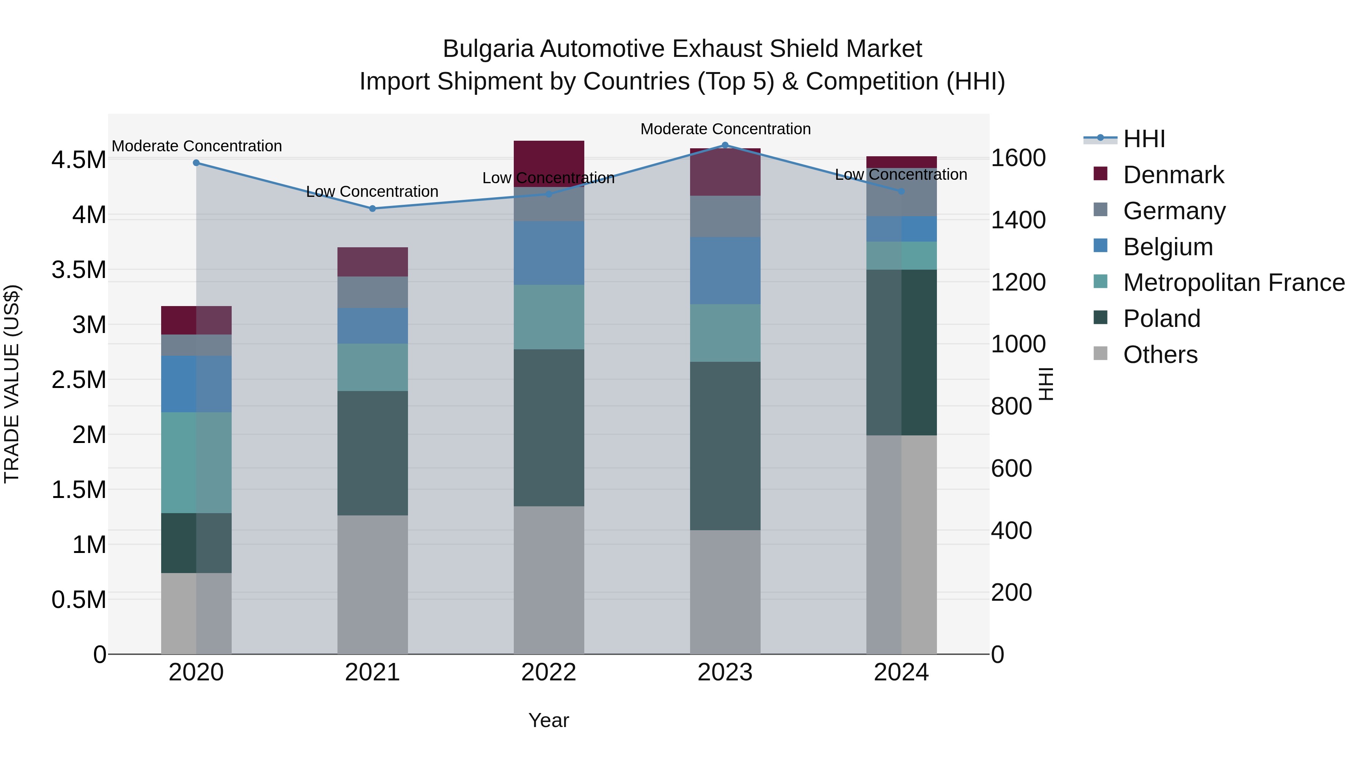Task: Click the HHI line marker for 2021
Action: click(372, 208)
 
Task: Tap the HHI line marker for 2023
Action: click(725, 145)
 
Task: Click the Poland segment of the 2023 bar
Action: click(725, 445)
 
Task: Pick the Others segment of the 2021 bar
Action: click(372, 584)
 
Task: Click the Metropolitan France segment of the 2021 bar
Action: click(372, 367)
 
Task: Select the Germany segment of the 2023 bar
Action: click(725, 216)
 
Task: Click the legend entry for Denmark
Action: click(1173, 175)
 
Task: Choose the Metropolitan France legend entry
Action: click(1233, 283)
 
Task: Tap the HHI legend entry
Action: click(1144, 139)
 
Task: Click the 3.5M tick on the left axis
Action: click(78, 270)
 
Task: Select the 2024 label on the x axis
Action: click(901, 672)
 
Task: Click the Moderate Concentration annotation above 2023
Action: click(725, 129)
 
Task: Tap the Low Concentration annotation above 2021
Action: click(372, 192)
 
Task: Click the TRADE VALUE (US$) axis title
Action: click(12, 384)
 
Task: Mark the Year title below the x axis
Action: click(548, 720)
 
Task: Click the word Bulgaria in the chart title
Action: click(488, 49)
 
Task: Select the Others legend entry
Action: click(1159, 355)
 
